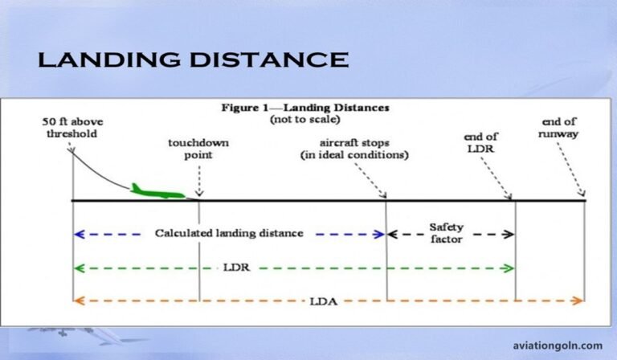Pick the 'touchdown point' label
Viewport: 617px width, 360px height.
point(198,149)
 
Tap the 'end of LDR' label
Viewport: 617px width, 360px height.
point(482,144)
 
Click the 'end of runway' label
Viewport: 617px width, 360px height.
point(558,128)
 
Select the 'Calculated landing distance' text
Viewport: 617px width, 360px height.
point(229,234)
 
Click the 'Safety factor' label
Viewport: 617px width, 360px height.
point(446,234)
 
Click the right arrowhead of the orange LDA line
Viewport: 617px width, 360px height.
point(580,301)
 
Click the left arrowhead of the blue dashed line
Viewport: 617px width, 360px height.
point(78,234)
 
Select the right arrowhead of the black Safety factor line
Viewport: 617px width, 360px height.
point(509,234)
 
